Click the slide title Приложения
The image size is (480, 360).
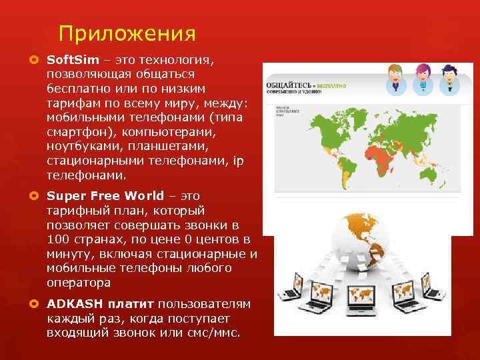(127, 33)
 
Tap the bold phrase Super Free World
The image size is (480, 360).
(105, 196)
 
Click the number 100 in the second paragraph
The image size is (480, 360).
(58, 239)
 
